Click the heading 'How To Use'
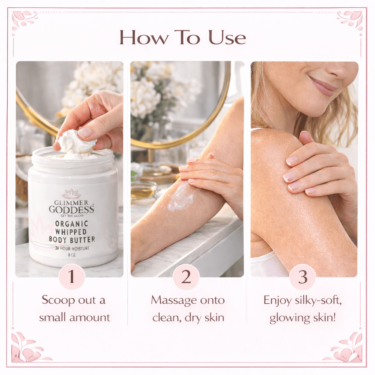pos(182,38)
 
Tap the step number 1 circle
pos(71,277)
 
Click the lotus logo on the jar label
pos(71,194)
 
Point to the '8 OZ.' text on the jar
pos(71,256)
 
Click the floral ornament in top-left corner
pos(23,18)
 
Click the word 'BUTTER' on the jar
pos(83,240)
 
